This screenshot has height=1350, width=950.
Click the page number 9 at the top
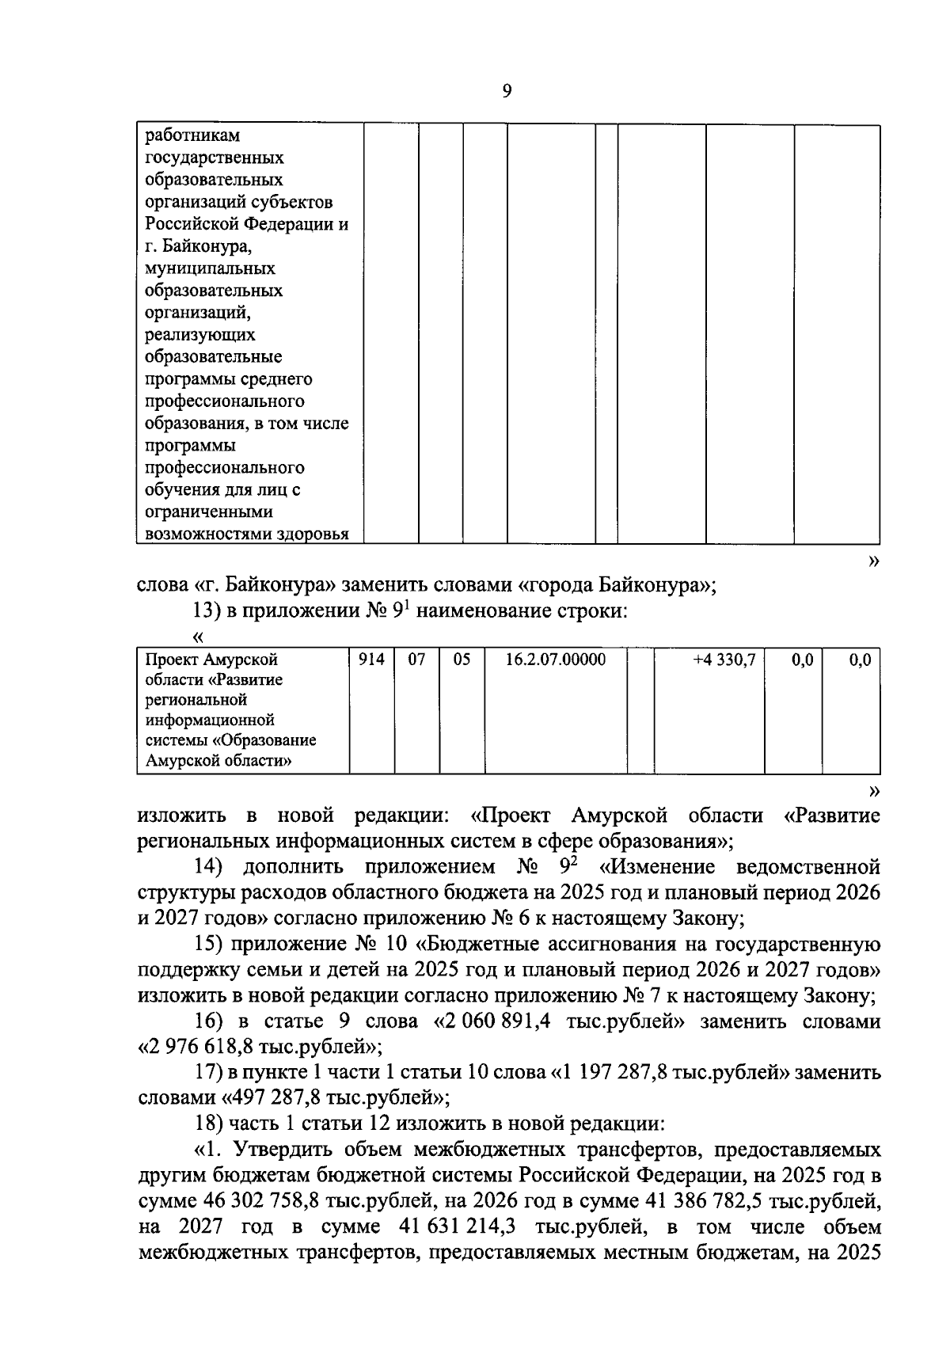507,91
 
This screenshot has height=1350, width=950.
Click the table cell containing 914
371,660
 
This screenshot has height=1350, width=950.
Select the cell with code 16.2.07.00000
556,660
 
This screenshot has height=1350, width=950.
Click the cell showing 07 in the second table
416,660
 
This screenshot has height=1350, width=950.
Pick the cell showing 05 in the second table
462,660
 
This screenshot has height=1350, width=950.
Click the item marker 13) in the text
207,612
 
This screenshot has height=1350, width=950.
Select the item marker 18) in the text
208,1124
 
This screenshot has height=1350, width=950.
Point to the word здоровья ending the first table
314,534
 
